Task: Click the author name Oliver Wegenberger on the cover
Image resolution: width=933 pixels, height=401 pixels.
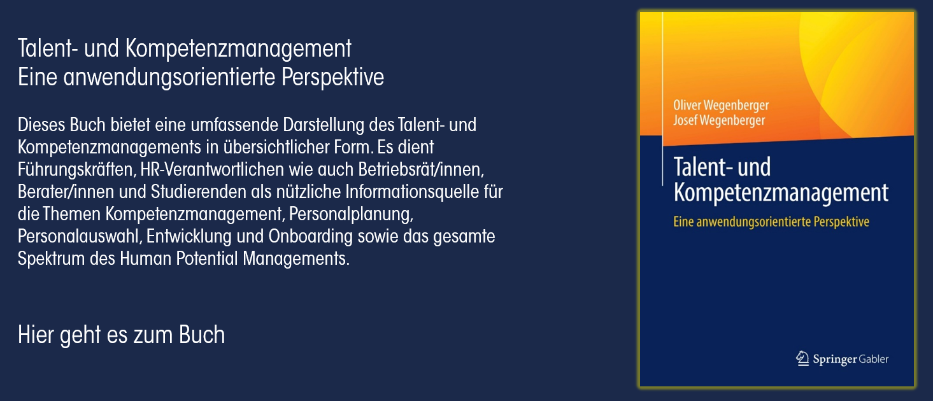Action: click(x=721, y=106)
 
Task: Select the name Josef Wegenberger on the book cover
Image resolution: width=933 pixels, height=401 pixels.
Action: click(x=719, y=120)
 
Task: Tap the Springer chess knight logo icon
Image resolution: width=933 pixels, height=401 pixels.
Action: click(x=802, y=358)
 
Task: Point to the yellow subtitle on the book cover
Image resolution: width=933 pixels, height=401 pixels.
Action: click(x=771, y=222)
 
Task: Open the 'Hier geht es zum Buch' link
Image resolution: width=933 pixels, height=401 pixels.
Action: click(x=121, y=334)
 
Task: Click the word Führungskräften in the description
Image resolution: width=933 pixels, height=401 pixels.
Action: click(x=77, y=169)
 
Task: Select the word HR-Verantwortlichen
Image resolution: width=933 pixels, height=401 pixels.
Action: click(x=212, y=169)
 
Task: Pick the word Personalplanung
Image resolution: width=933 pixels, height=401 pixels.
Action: click(x=351, y=214)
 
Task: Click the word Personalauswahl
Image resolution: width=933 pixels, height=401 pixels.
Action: click(x=80, y=236)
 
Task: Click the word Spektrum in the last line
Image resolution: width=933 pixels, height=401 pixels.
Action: click(x=51, y=258)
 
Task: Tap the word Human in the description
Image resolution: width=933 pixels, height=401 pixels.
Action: click(x=145, y=258)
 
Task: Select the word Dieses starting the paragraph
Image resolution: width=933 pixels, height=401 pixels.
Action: click(x=41, y=125)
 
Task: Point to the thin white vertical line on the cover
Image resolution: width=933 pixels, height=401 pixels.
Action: click(x=662, y=98)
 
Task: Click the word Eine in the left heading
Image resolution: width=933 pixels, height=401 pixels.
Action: click(x=38, y=77)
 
